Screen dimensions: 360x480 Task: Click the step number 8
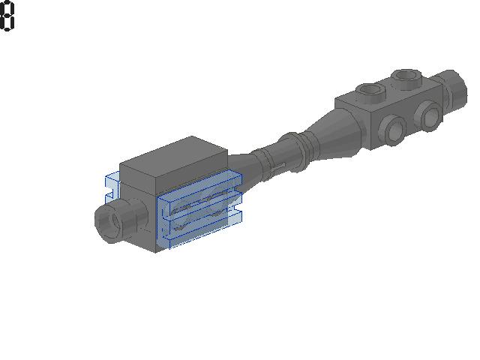click(x=7, y=16)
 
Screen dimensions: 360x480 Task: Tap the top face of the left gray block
click(x=175, y=157)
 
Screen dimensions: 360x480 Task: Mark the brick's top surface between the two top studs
click(x=386, y=88)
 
